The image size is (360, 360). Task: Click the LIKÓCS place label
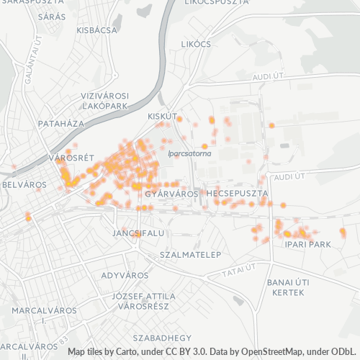click(197, 45)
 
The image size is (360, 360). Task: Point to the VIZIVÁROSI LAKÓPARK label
click(104, 100)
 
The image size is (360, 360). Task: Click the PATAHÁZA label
click(60, 124)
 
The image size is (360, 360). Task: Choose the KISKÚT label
click(161, 116)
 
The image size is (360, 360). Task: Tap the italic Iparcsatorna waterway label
click(189, 153)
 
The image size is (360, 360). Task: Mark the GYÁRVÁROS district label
click(171, 194)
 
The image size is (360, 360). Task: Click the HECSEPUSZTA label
click(237, 194)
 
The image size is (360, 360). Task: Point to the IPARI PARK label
click(307, 245)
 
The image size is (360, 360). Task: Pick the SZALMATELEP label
click(191, 255)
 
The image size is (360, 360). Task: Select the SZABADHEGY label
click(166, 337)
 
